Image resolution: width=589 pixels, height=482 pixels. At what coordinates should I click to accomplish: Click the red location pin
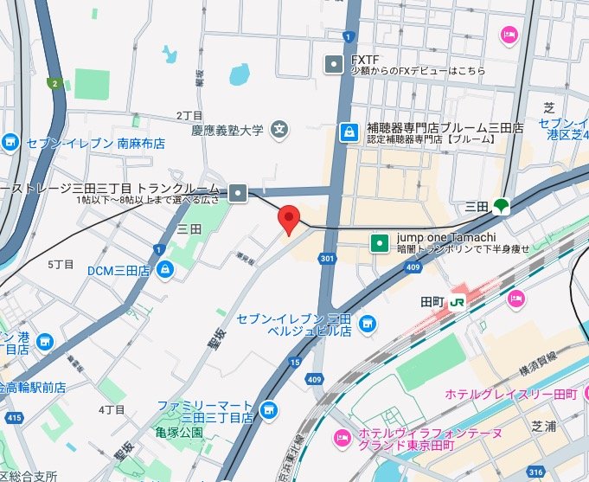pos(289,220)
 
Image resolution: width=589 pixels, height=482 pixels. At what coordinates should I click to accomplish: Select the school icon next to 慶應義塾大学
pos(279,131)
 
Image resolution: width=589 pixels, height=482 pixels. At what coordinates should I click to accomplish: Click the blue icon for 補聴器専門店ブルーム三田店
pos(349,132)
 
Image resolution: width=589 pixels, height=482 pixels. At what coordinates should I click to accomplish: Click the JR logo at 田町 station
pos(457,302)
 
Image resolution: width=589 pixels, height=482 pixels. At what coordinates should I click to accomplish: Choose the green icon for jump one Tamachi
pos(379,243)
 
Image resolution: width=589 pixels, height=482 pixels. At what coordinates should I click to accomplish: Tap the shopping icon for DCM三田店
pos(164,271)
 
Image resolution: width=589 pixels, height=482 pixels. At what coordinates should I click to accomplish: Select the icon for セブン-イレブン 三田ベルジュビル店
pos(368,323)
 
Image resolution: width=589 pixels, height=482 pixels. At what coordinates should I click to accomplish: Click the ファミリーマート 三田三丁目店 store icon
pos(269,408)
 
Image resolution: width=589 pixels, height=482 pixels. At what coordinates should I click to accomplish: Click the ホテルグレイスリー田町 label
pos(510,395)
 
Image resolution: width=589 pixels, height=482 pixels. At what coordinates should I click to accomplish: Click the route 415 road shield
pos(13,418)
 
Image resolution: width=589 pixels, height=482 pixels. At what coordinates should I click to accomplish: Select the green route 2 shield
pos(54,84)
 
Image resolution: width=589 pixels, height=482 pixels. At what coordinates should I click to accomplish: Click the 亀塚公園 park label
pos(179,432)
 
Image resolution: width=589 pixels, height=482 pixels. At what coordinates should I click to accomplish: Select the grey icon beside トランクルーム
pos(239,194)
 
